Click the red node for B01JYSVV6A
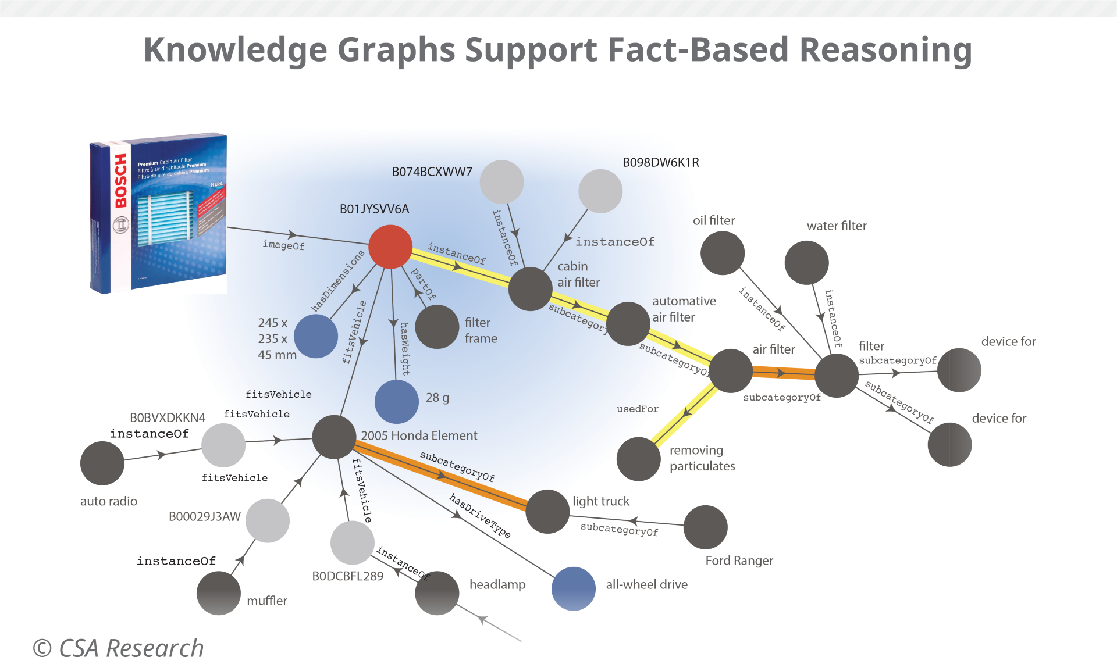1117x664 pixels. [390, 247]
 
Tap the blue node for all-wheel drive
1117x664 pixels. [573, 588]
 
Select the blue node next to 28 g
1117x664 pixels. [396, 401]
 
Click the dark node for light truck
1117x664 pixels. [547, 511]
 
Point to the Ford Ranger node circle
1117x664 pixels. [705, 527]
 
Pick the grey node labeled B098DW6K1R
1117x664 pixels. [600, 191]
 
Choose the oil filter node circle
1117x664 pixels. [722, 253]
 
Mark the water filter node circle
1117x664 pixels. [806, 262]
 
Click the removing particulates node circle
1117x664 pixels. [638, 459]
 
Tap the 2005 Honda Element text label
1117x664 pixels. [419, 435]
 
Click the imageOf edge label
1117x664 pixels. [283, 245]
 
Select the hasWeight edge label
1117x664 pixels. [405, 349]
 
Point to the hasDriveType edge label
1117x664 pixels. [480, 516]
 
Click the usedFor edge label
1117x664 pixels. [638, 409]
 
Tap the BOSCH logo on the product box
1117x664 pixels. [120, 181]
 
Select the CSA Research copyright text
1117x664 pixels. [119, 648]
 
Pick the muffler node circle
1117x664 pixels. [218, 593]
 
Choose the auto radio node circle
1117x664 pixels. [102, 463]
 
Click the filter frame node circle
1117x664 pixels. [437, 327]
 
